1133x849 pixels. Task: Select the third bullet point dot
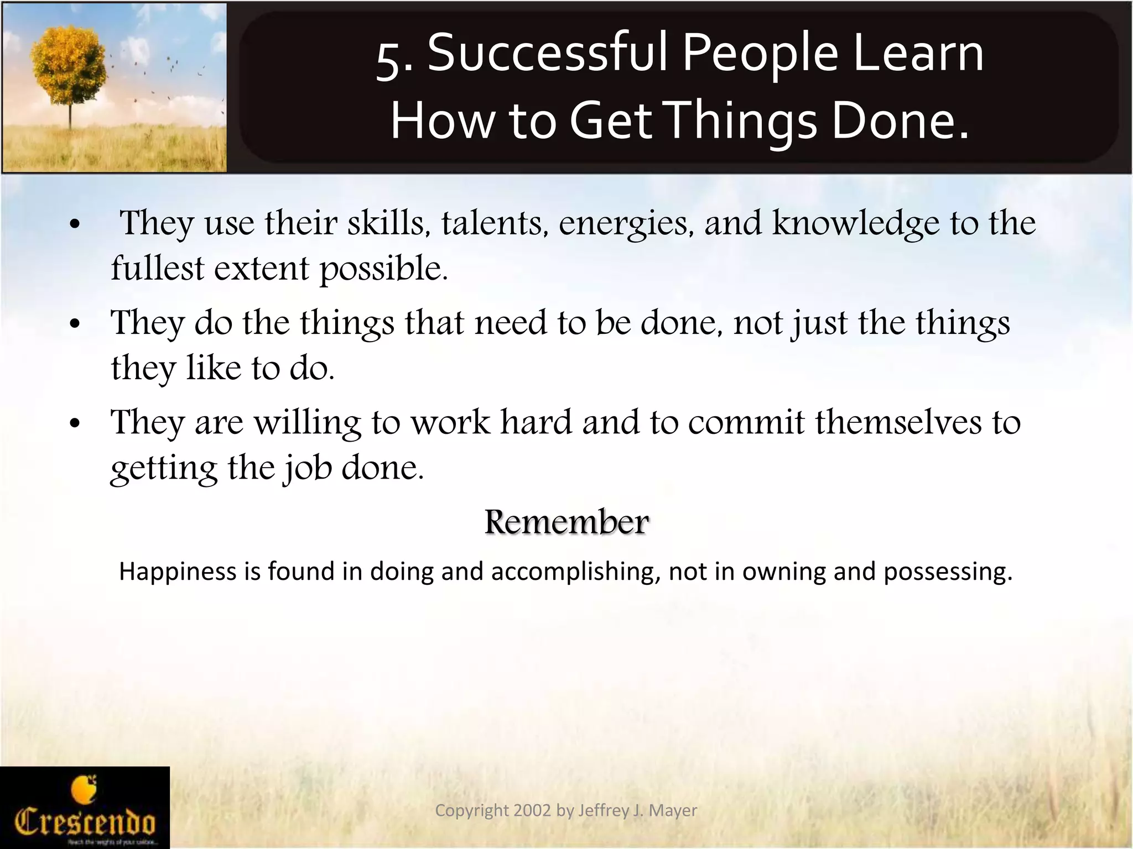click(76, 424)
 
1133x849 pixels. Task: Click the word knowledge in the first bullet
click(855, 223)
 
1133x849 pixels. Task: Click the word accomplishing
click(575, 572)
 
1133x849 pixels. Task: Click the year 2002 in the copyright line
click(532, 810)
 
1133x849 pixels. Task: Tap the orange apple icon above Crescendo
click(84, 789)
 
